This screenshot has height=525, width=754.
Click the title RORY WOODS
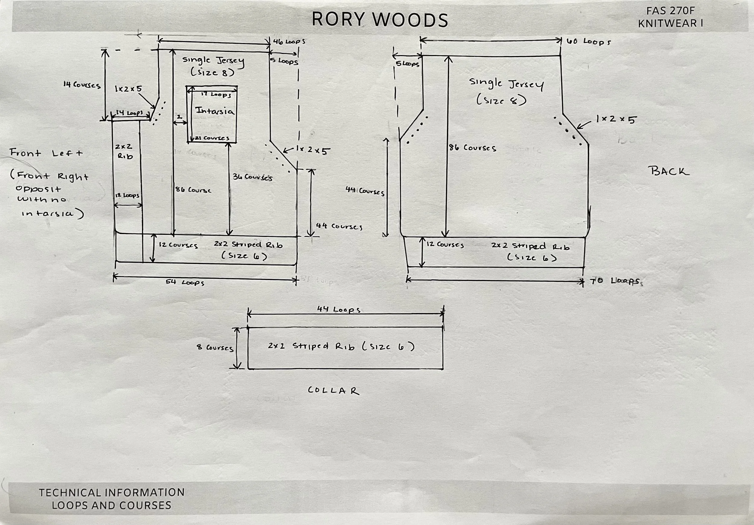coord(380,20)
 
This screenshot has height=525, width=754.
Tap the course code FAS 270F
coord(670,11)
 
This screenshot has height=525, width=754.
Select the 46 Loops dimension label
coord(289,42)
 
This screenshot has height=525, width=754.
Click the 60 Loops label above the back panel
coord(588,42)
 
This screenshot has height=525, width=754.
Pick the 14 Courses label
coord(82,85)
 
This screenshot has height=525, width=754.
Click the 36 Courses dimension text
coord(252,177)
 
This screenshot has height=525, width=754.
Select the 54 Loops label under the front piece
coord(185,282)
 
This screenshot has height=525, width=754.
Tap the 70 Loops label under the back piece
coord(616,281)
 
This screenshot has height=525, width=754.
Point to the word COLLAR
coord(333,391)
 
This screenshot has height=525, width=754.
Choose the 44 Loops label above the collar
coord(339,310)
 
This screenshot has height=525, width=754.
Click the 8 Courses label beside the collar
coord(215,347)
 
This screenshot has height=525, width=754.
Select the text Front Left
coord(46,153)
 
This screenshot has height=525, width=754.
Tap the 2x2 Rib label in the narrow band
coord(124,152)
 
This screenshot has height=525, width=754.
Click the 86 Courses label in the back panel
coord(473,148)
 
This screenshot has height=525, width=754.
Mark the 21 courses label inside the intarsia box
coord(212,138)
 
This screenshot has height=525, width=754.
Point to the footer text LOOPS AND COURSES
coord(111,505)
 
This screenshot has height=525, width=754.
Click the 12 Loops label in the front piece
coord(127,196)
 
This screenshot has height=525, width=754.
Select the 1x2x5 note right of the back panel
coord(616,119)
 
